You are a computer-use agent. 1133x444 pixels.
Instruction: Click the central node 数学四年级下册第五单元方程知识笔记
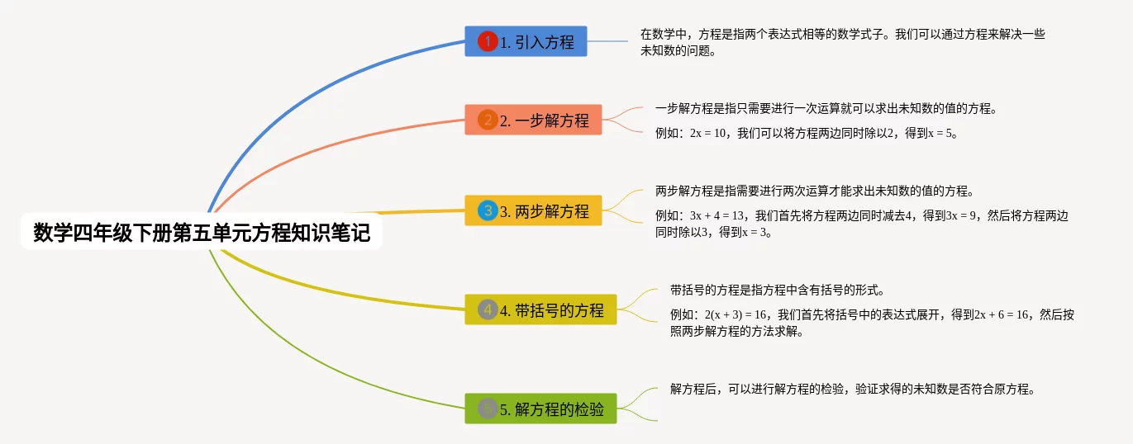[202, 234]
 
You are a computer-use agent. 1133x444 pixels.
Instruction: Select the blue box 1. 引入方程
[526, 41]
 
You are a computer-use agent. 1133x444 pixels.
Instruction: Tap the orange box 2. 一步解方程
[533, 120]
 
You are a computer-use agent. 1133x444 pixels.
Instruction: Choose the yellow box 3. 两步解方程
[533, 210]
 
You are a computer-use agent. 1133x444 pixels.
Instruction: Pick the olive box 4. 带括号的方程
[540, 309]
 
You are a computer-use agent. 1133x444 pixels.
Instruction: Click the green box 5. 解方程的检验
[540, 409]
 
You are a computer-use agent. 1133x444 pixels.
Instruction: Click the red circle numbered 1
[488, 41]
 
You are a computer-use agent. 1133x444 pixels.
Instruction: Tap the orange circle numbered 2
[488, 120]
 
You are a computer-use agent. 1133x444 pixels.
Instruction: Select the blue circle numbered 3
[488, 210]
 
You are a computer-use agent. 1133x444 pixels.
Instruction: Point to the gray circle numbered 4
[488, 309]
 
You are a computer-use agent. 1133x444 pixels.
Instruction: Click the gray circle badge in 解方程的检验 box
[488, 409]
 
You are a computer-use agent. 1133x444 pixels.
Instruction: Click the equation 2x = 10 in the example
[709, 133]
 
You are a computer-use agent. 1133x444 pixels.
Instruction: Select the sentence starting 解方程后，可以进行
[852, 389]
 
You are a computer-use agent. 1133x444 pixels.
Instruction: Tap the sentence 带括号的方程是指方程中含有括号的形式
[777, 290]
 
